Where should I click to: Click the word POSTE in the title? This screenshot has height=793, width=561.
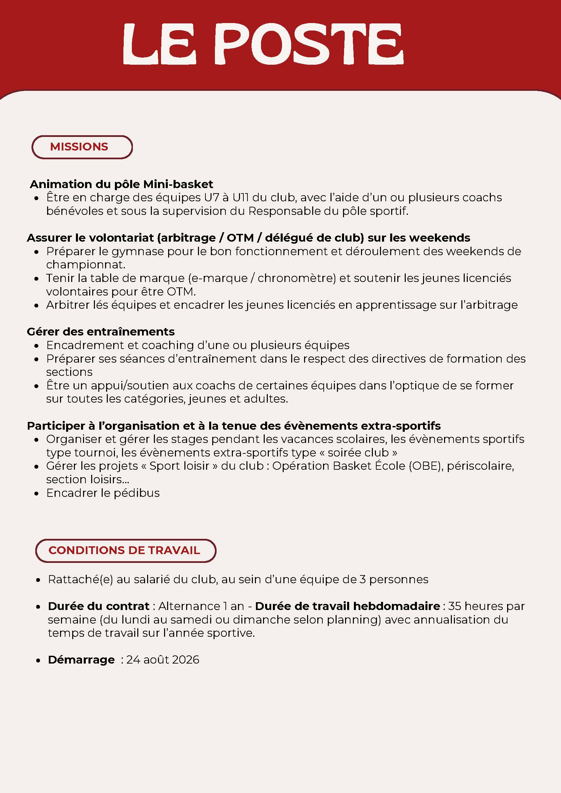pyautogui.click(x=311, y=44)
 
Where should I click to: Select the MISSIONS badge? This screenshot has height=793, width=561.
pyautogui.click(x=82, y=147)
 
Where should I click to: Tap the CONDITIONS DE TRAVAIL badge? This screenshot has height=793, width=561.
pyautogui.click(x=125, y=550)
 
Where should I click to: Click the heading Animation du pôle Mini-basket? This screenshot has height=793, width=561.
pyautogui.click(x=121, y=184)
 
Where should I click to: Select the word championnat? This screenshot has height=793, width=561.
pyautogui.click(x=85, y=265)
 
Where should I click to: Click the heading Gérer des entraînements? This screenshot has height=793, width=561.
pyautogui.click(x=101, y=331)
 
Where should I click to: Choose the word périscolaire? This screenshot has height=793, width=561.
pyautogui.click(x=480, y=466)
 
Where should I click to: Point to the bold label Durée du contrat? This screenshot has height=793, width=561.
pyautogui.click(x=98, y=606)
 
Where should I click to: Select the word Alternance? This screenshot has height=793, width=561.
pyautogui.click(x=189, y=606)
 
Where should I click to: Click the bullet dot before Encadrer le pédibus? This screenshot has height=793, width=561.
pyautogui.click(x=37, y=493)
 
